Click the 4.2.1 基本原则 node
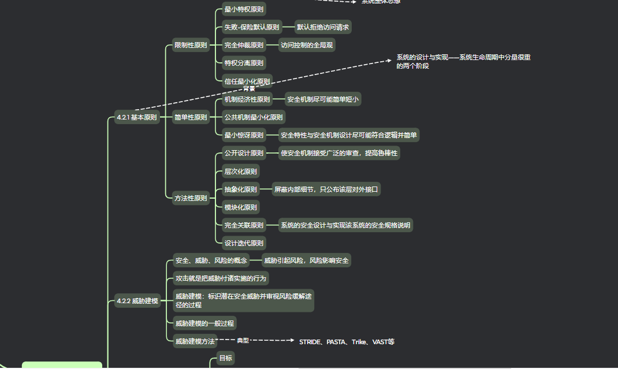tap(136, 117)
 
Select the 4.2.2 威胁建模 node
tap(137, 301)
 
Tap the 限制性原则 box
tap(191, 45)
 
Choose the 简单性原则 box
tap(191, 117)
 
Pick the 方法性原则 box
tap(191, 198)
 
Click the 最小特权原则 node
tap(244, 9)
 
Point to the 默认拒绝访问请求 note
tap(323, 27)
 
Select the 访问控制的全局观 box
tap(307, 45)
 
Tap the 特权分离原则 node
tap(244, 63)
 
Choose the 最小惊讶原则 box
tap(244, 136)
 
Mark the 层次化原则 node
tap(241, 171)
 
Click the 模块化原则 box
tap(241, 207)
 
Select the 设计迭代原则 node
tap(244, 243)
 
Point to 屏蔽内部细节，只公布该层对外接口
tap(326, 189)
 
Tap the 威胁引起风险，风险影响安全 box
tap(306, 260)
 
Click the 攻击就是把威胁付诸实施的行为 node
tap(221, 278)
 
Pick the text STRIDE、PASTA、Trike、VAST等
tap(347, 342)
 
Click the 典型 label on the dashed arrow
tap(243, 341)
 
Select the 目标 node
tap(225, 359)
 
